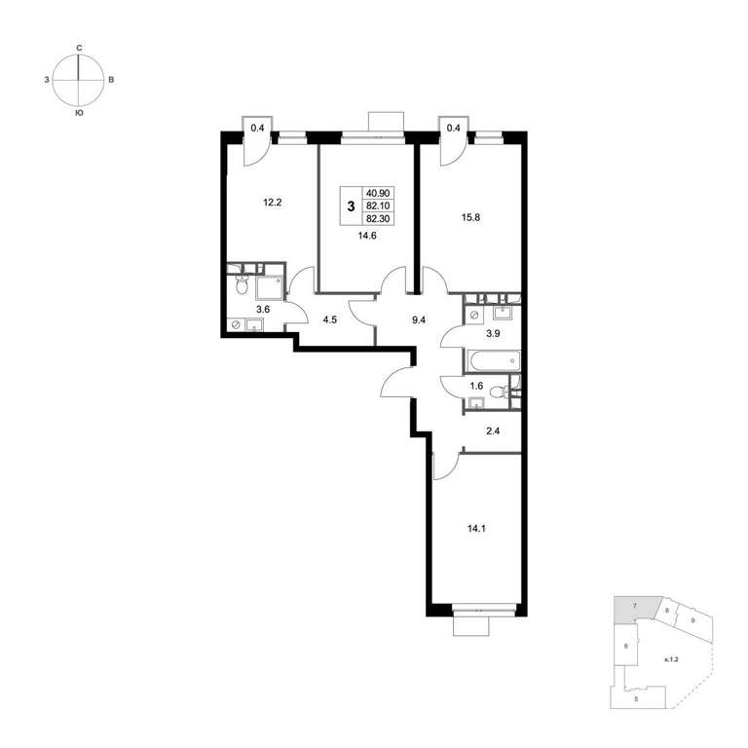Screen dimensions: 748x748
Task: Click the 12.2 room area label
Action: pos(273,203)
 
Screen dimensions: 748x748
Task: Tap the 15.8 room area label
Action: pos(470,217)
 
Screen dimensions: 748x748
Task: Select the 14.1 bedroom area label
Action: pos(476,529)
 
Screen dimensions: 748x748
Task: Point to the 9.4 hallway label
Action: pos(419,320)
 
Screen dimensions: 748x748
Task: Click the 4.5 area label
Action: pos(329,320)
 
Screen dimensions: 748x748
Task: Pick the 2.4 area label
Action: pos(493,431)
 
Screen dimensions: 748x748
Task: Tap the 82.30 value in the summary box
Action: pos(378,219)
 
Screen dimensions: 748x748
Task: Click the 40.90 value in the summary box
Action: pos(378,193)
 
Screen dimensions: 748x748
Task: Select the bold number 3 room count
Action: pos(352,206)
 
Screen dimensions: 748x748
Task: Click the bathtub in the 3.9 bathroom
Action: pos(492,361)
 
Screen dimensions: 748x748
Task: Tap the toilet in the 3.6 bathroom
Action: pos(242,285)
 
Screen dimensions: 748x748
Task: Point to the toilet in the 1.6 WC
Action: pos(498,393)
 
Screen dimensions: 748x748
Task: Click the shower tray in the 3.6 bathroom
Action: pos(270,287)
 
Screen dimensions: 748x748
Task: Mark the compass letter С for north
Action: pos(79,48)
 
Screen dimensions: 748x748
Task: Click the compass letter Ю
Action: pos(79,114)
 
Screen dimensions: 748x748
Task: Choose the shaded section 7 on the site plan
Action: pos(637,609)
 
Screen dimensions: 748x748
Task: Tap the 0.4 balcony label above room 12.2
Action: pos(257,128)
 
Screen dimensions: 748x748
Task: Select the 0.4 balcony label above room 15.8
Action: pos(454,128)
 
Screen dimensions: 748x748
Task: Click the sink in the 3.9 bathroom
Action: pos(502,314)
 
